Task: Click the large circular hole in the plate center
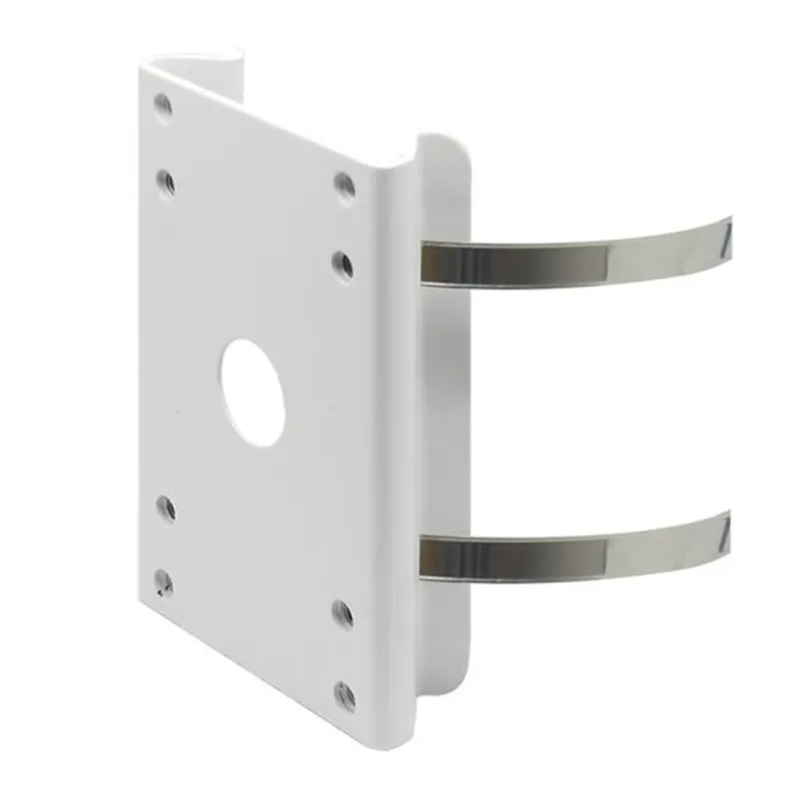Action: [x=252, y=392]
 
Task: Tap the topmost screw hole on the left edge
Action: [x=163, y=104]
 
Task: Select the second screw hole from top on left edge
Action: [x=166, y=181]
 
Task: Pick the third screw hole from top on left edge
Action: [x=166, y=508]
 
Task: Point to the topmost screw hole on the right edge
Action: [x=344, y=186]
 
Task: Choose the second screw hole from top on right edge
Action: [x=343, y=264]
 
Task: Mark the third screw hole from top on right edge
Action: [x=342, y=613]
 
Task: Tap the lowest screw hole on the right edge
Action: [x=344, y=695]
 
